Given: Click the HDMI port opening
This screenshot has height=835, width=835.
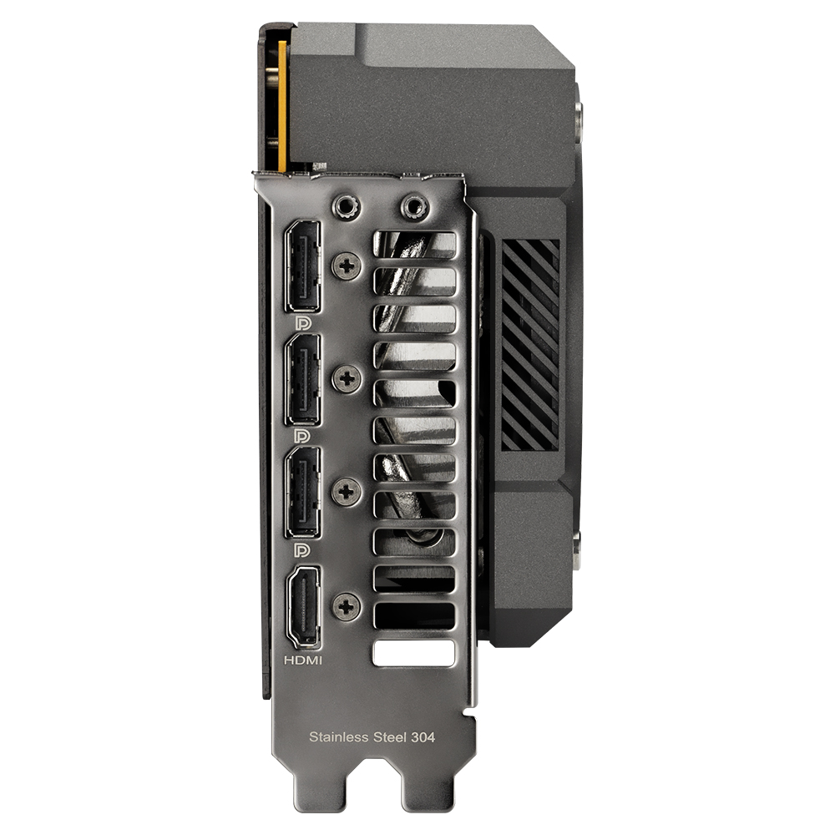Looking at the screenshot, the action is (x=304, y=607).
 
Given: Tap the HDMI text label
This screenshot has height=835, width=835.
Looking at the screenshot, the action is (x=303, y=660).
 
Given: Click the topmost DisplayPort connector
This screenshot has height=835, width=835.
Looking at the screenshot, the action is (x=303, y=266).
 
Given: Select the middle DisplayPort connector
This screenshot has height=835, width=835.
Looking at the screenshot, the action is (x=303, y=379).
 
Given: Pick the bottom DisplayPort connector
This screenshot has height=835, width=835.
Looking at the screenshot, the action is (x=303, y=492).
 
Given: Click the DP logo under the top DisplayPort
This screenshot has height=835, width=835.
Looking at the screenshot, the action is (x=302, y=322).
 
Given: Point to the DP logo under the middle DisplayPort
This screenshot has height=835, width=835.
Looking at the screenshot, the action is (x=302, y=436).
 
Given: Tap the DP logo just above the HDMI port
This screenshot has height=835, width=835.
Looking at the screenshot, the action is (x=302, y=549).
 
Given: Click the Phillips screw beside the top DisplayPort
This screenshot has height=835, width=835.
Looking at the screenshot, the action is (x=347, y=266).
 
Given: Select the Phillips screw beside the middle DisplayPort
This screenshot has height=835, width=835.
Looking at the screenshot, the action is (x=347, y=378).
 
